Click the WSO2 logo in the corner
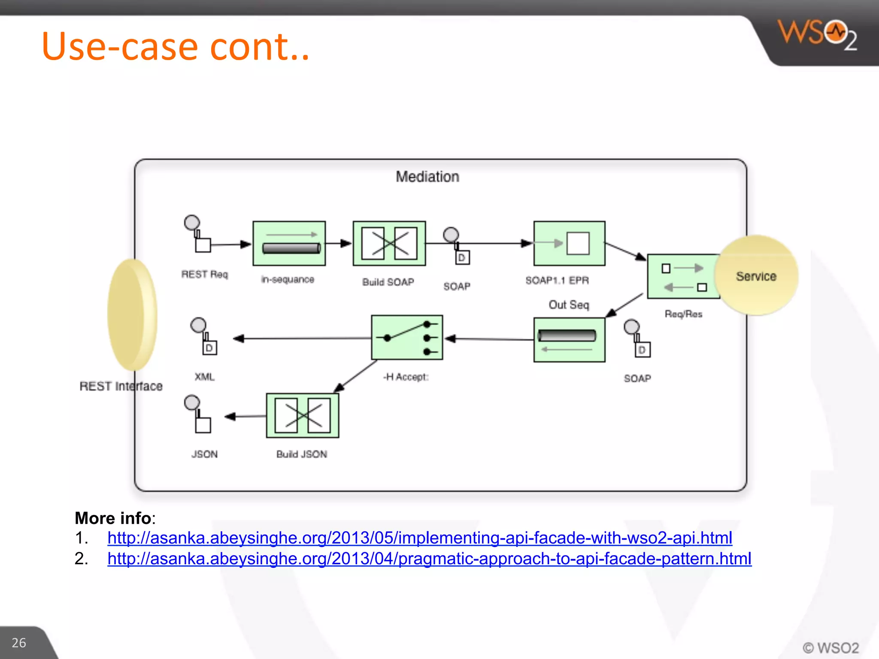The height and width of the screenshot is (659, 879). click(x=817, y=34)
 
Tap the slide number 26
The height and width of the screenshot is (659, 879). click(x=19, y=642)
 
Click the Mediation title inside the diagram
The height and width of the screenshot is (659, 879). click(x=427, y=177)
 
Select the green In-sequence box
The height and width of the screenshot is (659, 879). click(x=289, y=243)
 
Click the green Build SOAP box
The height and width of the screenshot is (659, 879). click(x=389, y=243)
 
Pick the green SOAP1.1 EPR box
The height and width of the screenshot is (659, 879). click(x=569, y=243)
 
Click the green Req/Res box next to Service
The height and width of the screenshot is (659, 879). click(x=682, y=277)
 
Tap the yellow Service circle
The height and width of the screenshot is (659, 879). click(x=756, y=276)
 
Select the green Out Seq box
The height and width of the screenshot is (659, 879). click(x=569, y=340)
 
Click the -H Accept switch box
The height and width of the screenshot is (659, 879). click(x=406, y=338)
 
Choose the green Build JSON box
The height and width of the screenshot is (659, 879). click(x=302, y=415)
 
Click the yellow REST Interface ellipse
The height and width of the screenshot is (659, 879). click(x=132, y=314)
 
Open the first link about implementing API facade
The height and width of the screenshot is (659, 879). click(x=419, y=538)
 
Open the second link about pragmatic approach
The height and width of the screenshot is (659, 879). click(x=429, y=559)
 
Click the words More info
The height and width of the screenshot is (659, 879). click(x=113, y=518)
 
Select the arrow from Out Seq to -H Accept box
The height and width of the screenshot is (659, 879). click(x=489, y=339)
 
